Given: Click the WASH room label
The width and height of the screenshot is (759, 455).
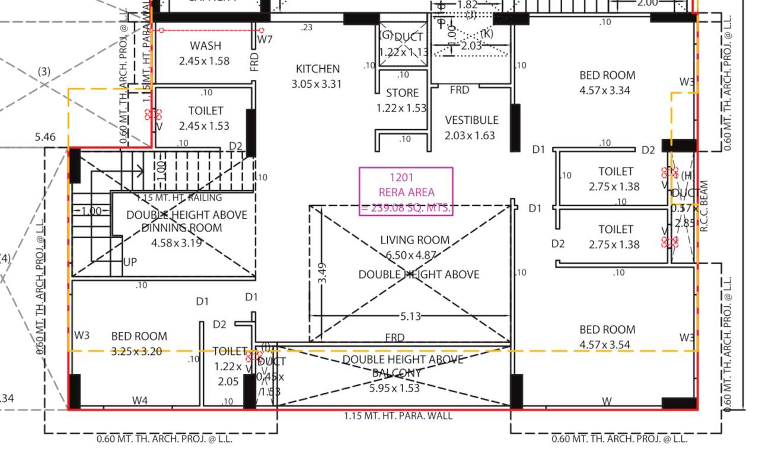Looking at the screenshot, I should tap(205, 46).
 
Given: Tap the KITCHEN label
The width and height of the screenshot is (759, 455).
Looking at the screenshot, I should tap(317, 69).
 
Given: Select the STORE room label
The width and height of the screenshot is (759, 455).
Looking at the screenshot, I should tap(402, 93).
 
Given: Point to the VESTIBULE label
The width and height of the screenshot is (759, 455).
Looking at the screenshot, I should tap(471, 120).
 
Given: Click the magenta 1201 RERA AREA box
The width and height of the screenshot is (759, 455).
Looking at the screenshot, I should tap(406, 192).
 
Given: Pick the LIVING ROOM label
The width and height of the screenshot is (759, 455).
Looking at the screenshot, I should tap(414, 240).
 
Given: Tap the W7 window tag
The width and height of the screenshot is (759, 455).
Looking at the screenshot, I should tap(265, 40).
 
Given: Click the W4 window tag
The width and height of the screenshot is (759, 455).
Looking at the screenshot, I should tap(140, 401).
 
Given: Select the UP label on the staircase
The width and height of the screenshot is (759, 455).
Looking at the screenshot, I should tap(130, 261).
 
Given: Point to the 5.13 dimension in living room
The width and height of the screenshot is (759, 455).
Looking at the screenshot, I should tap(410, 316).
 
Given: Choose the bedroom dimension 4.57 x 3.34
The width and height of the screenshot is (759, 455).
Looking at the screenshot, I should tap(605, 91).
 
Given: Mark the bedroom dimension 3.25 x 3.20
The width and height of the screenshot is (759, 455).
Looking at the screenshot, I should tap(136, 351).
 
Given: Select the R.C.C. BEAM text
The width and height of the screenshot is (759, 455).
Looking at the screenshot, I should tap(704, 205).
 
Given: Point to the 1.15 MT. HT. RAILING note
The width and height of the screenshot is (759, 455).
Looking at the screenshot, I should tap(179, 198).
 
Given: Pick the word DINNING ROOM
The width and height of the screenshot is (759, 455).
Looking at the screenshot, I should tap(181, 228).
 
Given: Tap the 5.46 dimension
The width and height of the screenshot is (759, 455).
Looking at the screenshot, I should tap(45, 137).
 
